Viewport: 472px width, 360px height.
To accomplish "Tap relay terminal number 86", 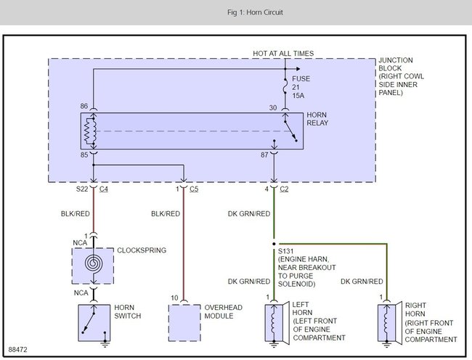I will click(x=84, y=107).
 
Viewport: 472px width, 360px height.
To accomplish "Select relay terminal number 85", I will click(x=84, y=155).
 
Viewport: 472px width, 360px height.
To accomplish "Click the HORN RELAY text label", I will click(x=320, y=121).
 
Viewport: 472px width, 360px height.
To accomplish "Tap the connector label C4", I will click(x=105, y=190).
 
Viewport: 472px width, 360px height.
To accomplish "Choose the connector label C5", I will click(x=194, y=190).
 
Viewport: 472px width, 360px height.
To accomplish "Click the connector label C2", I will click(x=285, y=190).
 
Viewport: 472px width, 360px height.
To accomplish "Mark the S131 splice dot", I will click(x=274, y=245).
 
